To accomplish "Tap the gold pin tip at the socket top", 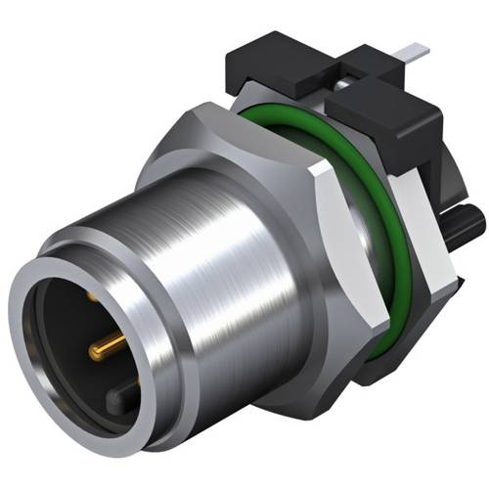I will (91, 292).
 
